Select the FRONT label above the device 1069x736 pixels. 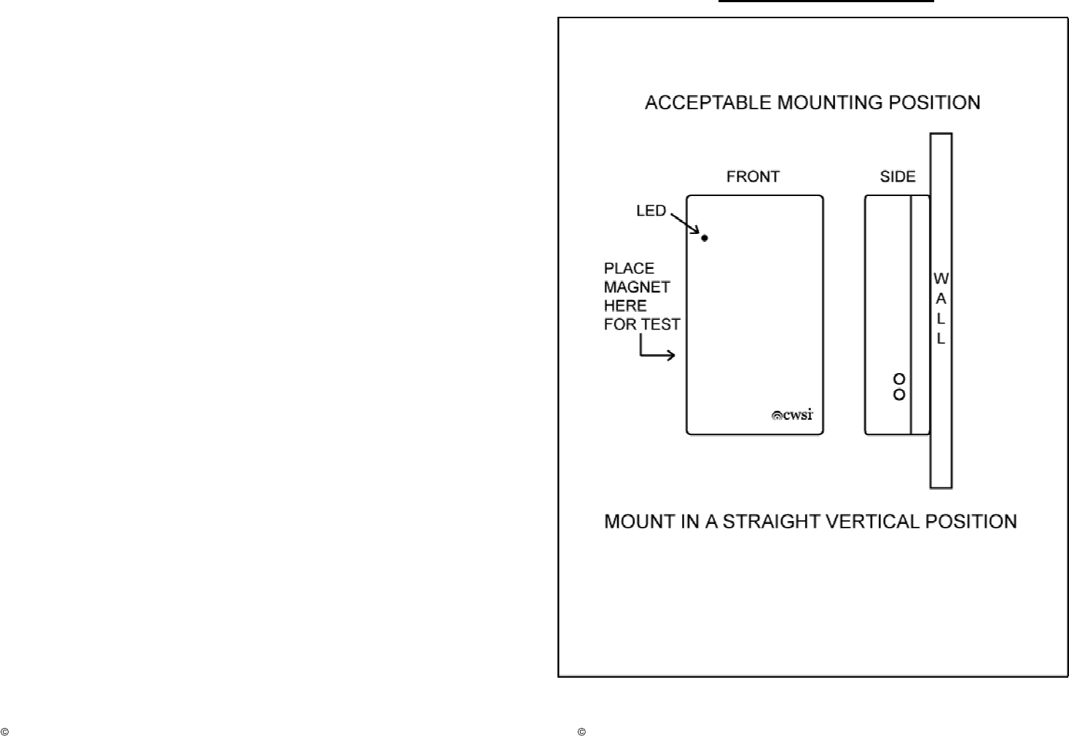pyautogui.click(x=753, y=177)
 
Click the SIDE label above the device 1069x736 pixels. pyautogui.click(x=897, y=177)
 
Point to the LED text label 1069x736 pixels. pyautogui.click(x=651, y=211)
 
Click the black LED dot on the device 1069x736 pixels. pyautogui.click(x=705, y=238)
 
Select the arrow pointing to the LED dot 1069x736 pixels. pyautogui.click(x=686, y=224)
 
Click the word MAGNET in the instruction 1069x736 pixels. pyautogui.click(x=637, y=287)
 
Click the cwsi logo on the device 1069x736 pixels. pyautogui.click(x=792, y=415)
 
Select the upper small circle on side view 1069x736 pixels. pyautogui.click(x=899, y=379)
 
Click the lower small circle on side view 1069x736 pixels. pyautogui.click(x=899, y=395)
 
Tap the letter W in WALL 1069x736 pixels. pyautogui.click(x=941, y=279)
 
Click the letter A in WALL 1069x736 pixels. pyautogui.click(x=941, y=299)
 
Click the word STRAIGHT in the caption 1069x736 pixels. pyautogui.click(x=764, y=522)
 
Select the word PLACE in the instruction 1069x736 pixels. pyautogui.click(x=629, y=268)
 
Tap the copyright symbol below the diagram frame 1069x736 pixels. pyautogui.click(x=582, y=731)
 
